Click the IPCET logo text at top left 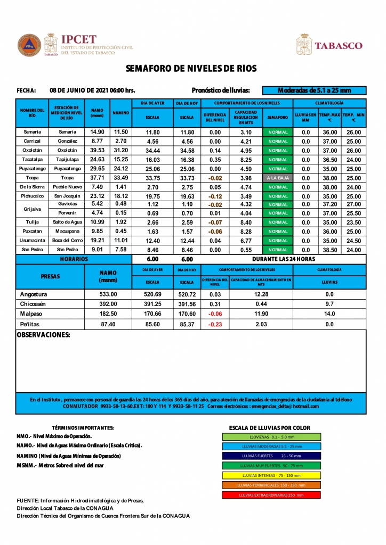[x=79, y=40]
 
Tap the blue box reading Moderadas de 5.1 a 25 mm [x=315, y=90]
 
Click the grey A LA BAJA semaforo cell [x=278, y=178]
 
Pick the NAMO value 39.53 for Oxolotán [x=97, y=151]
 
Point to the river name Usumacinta [x=33, y=241]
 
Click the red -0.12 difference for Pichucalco [x=215, y=196]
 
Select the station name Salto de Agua [x=67, y=222]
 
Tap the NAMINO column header [x=121, y=113]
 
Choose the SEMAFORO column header [x=278, y=117]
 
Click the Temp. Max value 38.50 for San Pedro [x=330, y=250]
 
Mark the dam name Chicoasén [x=34, y=304]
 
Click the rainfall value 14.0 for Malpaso [x=329, y=314]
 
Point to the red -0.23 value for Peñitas [x=215, y=324]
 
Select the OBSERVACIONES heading [x=44, y=335]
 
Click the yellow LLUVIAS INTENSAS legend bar [x=271, y=475]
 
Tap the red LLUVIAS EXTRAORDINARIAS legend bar [x=271, y=495]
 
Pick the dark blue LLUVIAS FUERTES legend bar [x=271, y=456]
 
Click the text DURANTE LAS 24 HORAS [x=283, y=259]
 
